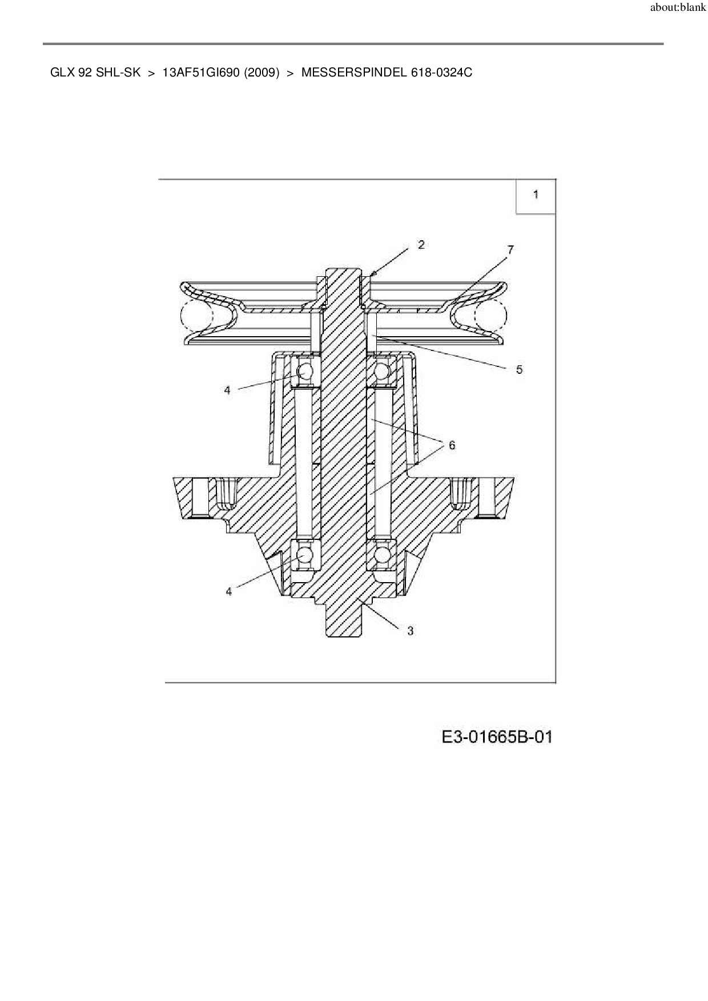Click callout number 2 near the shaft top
coord(421,245)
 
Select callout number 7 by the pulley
coord(510,249)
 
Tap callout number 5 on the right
coord(519,369)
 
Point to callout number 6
coord(452,445)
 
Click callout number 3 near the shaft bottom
coord(410,631)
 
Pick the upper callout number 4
coord(227,390)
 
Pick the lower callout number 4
coord(229,591)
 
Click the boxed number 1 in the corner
coord(536,195)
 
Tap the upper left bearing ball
coord(305,372)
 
